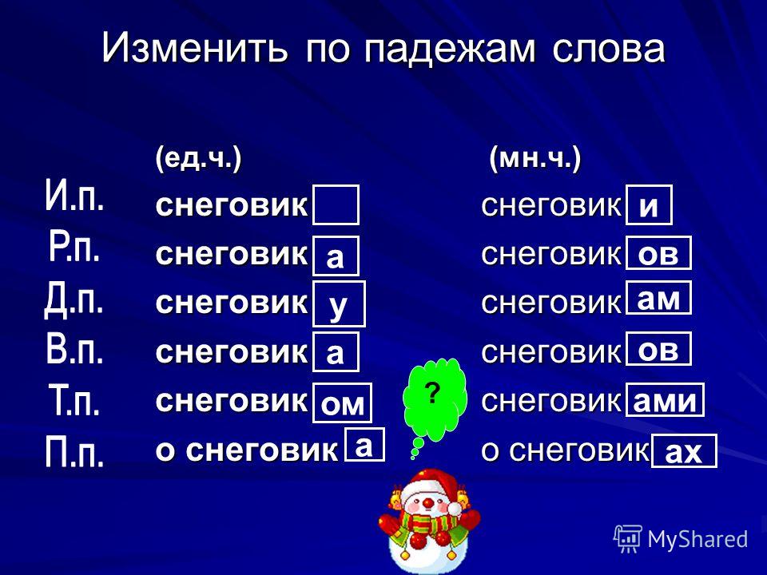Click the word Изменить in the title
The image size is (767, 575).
point(194,48)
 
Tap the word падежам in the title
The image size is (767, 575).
point(450,49)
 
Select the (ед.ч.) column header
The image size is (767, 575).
point(198,159)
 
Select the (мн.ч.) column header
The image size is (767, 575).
point(535,159)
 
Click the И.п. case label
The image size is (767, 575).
point(74,196)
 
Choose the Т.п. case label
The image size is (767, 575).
point(74,399)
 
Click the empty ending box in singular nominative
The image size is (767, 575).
point(336,205)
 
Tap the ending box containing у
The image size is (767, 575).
point(339,303)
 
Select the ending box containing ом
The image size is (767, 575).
point(342,403)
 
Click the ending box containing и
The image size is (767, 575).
point(649,205)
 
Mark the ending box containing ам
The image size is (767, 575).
point(658,298)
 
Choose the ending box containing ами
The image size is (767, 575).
point(664,400)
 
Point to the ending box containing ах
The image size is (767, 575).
point(684,451)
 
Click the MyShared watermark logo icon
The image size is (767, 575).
point(628,539)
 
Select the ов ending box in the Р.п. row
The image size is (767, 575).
point(658,253)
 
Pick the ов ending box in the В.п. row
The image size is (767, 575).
point(658,349)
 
